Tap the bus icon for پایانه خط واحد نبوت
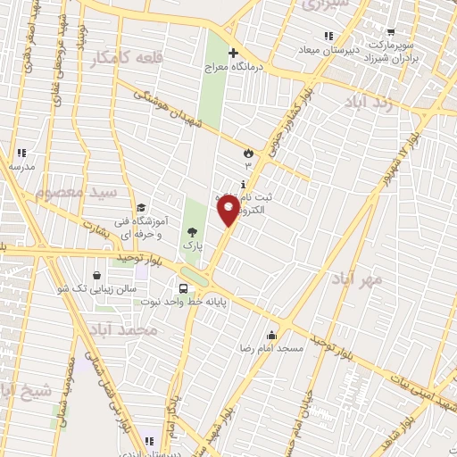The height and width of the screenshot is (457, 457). [x=183, y=288]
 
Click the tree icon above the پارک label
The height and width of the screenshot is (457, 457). [x=192, y=232]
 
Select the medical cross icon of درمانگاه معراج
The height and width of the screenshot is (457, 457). [x=234, y=53]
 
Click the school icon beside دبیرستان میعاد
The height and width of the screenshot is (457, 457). [x=329, y=36]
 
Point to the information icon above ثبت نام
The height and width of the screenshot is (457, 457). [x=243, y=185]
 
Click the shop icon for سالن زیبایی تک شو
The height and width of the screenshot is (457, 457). [x=96, y=275]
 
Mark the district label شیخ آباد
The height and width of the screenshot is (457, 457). [x=20, y=389]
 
